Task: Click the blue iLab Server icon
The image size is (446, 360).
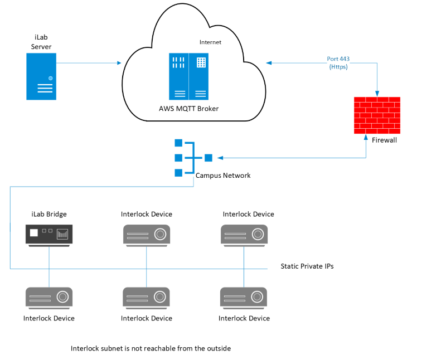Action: click(41, 76)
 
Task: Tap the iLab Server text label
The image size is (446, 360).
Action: click(41, 42)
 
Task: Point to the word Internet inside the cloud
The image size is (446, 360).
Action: click(210, 42)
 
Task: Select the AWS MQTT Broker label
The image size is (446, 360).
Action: click(189, 108)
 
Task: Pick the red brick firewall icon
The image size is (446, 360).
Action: click(377, 115)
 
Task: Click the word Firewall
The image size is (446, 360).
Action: click(384, 140)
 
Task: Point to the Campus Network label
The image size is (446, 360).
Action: click(223, 176)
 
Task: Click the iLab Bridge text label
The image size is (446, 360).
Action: click(49, 214)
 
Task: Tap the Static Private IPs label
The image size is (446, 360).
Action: click(307, 266)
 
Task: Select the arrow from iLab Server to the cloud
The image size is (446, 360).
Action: click(89, 63)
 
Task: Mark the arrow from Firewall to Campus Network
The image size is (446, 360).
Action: click(290, 158)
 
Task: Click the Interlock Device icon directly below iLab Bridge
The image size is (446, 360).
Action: click(49, 298)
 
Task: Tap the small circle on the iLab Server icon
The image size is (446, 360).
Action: click(50, 78)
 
